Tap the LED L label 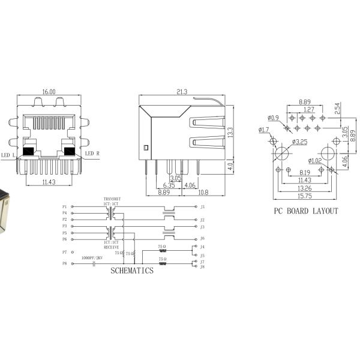pyautogui.click(x=8, y=154)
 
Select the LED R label pyautogui.click(x=91, y=154)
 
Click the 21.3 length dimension pyautogui.click(x=182, y=92)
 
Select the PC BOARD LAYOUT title pyautogui.click(x=306, y=211)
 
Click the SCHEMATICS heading pyautogui.click(x=131, y=271)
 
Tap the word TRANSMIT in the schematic pyautogui.click(x=112, y=199)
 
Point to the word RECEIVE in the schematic pyautogui.click(x=112, y=246)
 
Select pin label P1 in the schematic pyautogui.click(x=64, y=206)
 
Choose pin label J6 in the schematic pyautogui.click(x=203, y=238)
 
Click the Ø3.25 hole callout pyautogui.click(x=300, y=142)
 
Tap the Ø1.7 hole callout pyautogui.click(x=264, y=130)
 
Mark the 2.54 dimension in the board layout pyautogui.click(x=338, y=109)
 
